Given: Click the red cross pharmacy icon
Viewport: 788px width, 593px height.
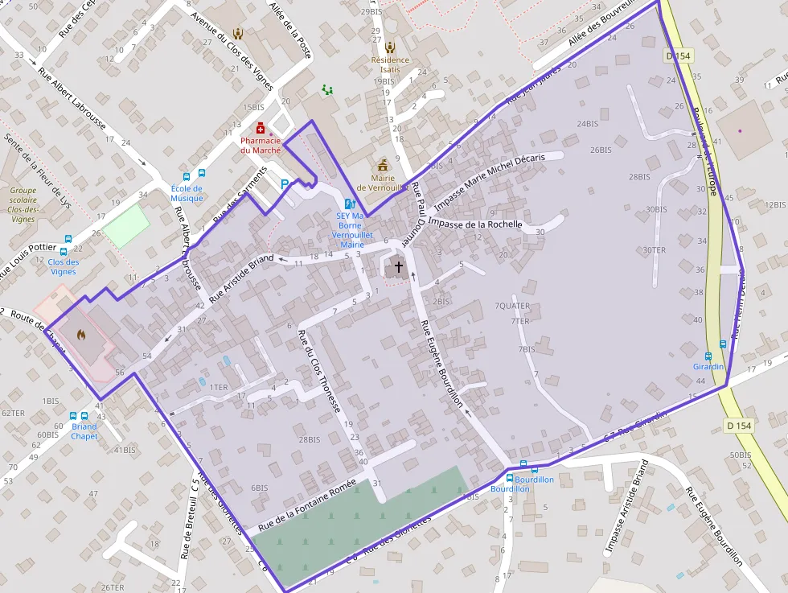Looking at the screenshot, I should (261, 128).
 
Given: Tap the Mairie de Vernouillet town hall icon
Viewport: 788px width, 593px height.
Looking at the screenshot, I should (383, 163).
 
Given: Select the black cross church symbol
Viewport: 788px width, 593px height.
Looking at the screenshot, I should (398, 266).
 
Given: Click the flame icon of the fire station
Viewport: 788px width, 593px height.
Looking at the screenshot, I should (80, 334).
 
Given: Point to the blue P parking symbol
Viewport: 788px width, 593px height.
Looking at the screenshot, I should (285, 185).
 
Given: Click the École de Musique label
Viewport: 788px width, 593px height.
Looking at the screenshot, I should (187, 193).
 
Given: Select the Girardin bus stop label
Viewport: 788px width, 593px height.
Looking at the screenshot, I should (708, 366).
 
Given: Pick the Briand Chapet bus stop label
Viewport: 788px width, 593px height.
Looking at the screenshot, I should (84, 431).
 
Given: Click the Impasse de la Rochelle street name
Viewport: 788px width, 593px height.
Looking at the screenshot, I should (476, 223).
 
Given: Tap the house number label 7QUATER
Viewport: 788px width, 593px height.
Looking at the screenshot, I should (512, 306).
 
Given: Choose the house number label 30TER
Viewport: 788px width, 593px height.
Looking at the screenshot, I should (654, 250).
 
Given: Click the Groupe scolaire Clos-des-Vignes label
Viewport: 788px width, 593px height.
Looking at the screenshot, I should (23, 204).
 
